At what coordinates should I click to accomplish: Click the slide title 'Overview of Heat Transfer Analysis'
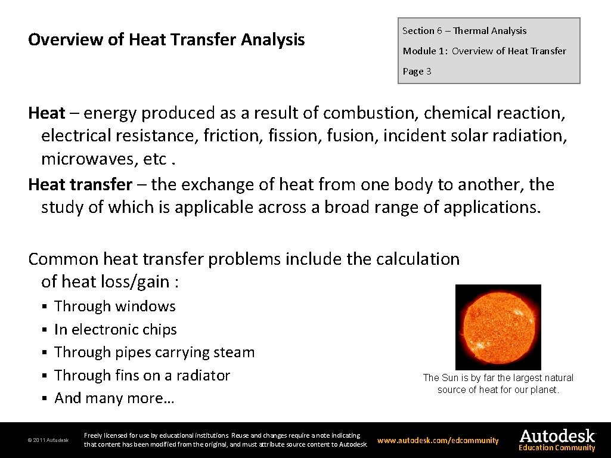(x=166, y=40)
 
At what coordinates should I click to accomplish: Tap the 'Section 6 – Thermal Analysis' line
(x=464, y=31)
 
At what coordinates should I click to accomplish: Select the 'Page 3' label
(x=417, y=72)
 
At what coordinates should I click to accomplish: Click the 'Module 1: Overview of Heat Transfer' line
(x=484, y=51)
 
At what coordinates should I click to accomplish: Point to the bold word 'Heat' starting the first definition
(x=46, y=113)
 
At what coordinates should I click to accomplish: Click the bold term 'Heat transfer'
(x=80, y=184)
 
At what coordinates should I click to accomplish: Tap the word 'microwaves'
(x=88, y=159)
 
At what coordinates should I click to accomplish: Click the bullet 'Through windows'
(x=114, y=307)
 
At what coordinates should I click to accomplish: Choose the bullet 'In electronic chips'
(x=115, y=330)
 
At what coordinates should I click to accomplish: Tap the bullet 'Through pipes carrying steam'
(x=154, y=352)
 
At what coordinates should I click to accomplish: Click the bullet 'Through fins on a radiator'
(x=142, y=376)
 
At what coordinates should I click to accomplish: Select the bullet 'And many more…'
(x=114, y=398)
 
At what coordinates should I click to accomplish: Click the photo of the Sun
(x=498, y=327)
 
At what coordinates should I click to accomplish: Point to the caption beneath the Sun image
(x=498, y=383)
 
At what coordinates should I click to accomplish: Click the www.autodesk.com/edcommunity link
(x=438, y=441)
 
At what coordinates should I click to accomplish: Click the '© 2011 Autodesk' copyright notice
(x=48, y=441)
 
